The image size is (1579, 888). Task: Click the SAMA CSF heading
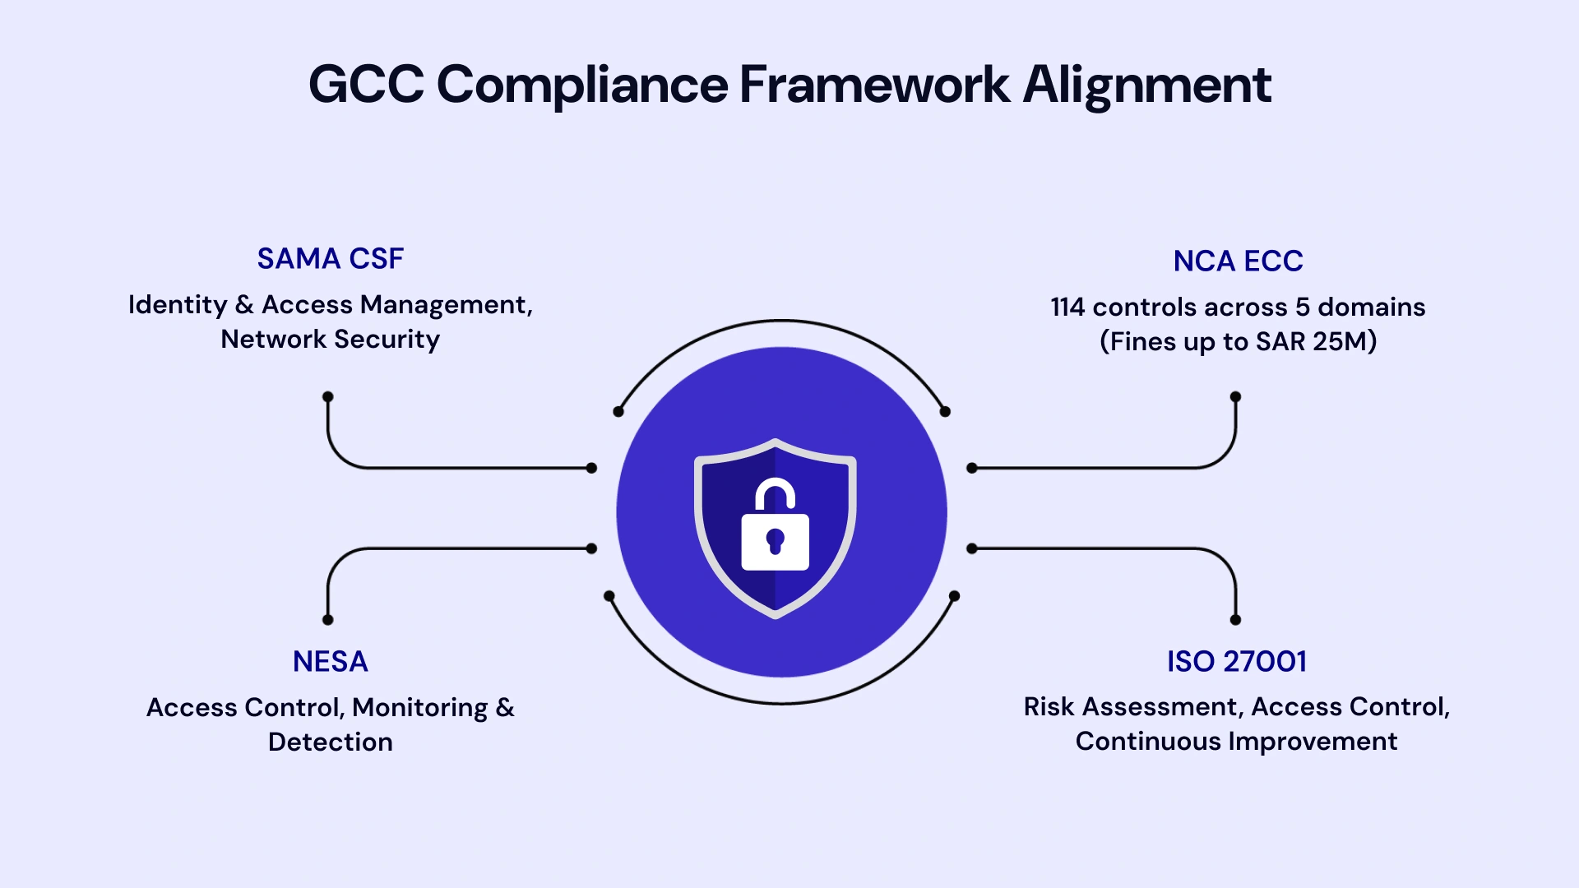[330, 259]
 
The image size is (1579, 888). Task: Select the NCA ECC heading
[1238, 261]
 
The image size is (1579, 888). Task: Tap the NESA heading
[330, 662]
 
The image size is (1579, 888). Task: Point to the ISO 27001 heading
[1236, 662]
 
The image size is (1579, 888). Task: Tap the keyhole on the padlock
[775, 540]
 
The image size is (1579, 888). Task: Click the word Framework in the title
[874, 85]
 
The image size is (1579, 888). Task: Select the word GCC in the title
[366, 85]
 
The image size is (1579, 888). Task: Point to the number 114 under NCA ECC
[1067, 308]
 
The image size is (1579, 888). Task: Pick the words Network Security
[330, 340]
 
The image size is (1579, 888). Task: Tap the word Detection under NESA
[330, 742]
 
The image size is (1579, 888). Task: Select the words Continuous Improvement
[1236, 742]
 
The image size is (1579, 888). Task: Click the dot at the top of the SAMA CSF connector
[327, 396]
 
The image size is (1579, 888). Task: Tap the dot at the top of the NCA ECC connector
[1235, 396]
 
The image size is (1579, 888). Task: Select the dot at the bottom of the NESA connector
[327, 620]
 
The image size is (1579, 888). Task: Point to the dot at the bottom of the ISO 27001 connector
[1235, 620]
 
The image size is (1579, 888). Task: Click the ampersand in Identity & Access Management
[244, 305]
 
